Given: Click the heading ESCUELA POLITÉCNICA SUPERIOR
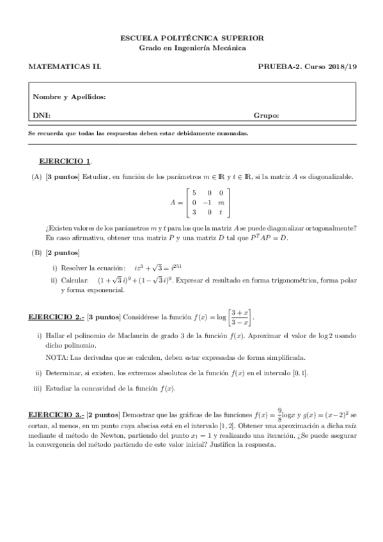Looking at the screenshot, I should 192,38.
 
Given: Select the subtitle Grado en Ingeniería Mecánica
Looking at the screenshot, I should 192,48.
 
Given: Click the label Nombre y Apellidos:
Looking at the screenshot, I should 69,97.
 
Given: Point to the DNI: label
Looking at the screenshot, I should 42,116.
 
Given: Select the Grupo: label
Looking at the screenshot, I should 266,116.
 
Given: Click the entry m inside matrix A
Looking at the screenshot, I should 221,202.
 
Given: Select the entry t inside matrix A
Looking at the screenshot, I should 221,212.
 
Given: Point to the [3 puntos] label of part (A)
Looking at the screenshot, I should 63,176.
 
